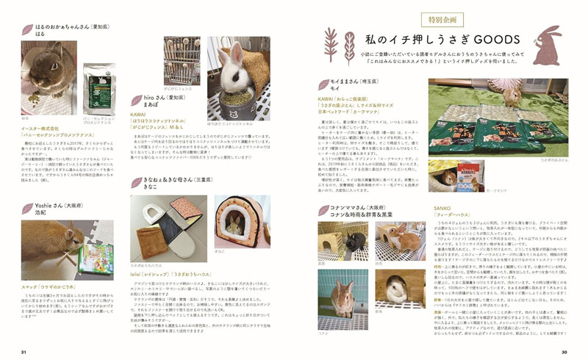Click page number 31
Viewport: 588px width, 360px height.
24,352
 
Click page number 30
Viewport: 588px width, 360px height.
564,352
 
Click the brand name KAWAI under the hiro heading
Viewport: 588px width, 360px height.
137,115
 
